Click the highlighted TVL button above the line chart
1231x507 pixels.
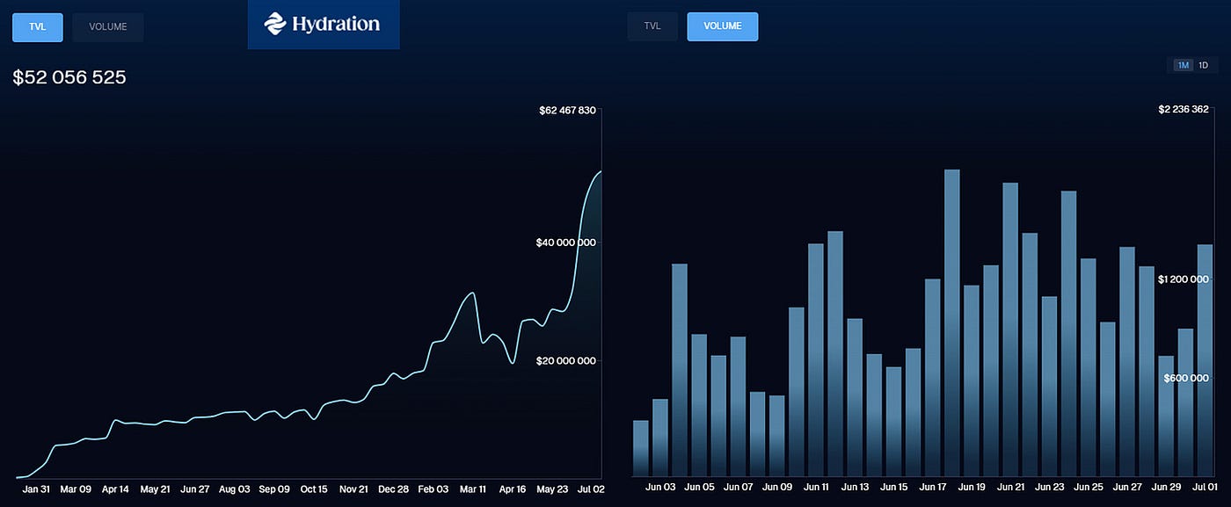tap(37, 26)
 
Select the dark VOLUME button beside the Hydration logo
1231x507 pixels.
tap(107, 26)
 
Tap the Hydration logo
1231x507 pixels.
tap(323, 24)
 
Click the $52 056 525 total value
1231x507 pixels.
tap(69, 77)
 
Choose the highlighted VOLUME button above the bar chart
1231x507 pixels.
tap(722, 26)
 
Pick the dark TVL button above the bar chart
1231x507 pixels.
tap(652, 26)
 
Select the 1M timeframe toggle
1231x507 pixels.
tap(1184, 65)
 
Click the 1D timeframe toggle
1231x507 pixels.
tap(1203, 65)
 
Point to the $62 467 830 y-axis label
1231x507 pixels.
tap(567, 110)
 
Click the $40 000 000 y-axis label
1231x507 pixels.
tap(565, 243)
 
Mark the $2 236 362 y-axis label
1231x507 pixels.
tap(1184, 110)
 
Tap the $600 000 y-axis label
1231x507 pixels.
tap(1187, 379)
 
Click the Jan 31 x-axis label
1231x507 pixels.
tap(36, 489)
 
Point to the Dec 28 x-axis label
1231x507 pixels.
tap(392, 489)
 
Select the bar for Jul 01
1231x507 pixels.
tap(1205, 360)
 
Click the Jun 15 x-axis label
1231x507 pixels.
tap(893, 486)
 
